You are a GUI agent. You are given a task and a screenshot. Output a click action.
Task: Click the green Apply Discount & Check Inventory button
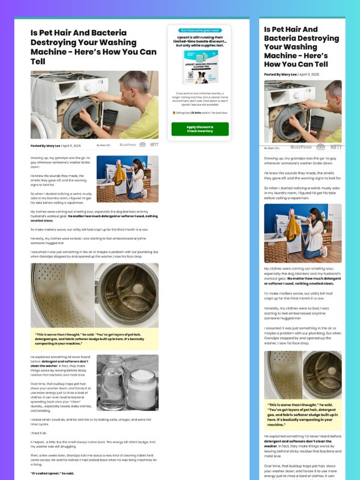(x=200, y=129)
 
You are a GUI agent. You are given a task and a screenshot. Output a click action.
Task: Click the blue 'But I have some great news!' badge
(x=200, y=30)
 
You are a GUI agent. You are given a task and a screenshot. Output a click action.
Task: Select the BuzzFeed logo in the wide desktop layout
(x=127, y=145)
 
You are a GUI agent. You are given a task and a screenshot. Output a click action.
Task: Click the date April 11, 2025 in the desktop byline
(x=72, y=145)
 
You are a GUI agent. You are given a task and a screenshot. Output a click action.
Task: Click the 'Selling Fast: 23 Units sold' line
(x=200, y=112)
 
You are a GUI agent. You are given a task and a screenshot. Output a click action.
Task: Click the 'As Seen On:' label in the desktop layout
(x=103, y=145)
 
